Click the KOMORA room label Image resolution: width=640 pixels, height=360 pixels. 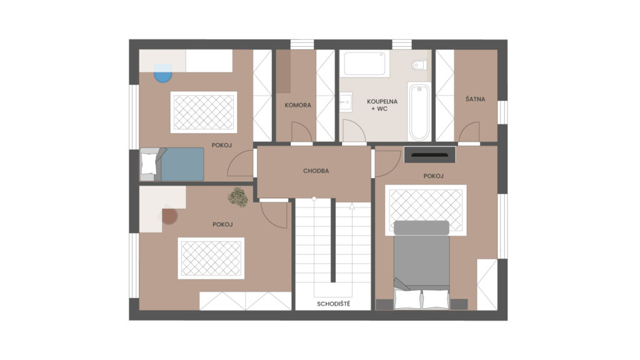tap(297, 105)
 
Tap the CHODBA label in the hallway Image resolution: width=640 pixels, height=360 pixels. tap(316, 171)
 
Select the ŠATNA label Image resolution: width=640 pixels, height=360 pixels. tap(476, 99)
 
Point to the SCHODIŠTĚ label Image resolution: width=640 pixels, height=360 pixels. tap(334, 304)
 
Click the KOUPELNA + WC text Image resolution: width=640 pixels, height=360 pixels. tap(382, 105)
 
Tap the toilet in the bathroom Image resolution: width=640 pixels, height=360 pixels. tap(419, 65)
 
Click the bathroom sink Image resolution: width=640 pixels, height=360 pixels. tap(346, 101)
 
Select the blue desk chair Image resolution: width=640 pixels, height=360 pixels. tap(163, 73)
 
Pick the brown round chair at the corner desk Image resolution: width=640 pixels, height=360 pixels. tap(169, 216)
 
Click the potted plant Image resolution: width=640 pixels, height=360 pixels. tap(238, 197)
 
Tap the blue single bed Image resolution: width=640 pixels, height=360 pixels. tap(172, 164)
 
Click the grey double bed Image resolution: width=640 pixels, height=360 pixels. tap(422, 264)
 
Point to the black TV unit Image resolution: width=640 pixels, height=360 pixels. tap(430, 155)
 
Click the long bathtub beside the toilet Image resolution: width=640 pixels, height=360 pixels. tap(419, 112)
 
